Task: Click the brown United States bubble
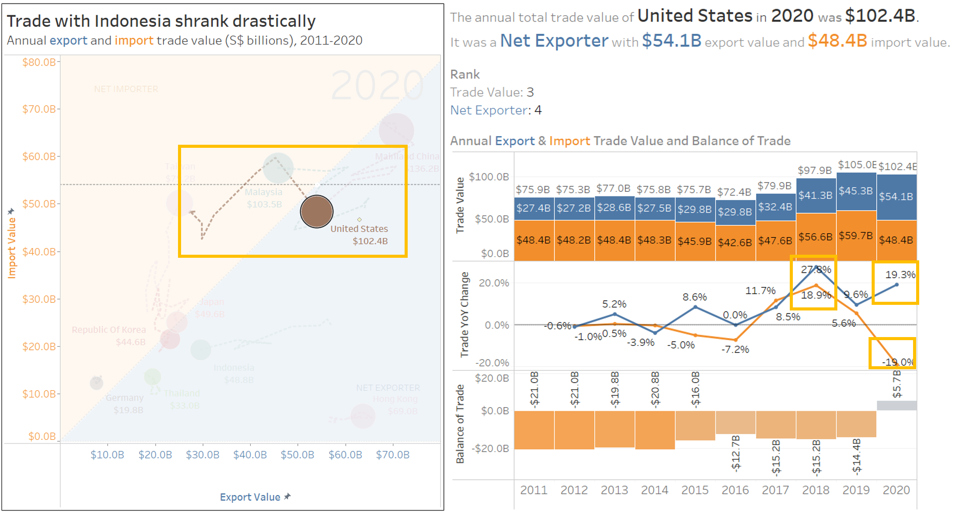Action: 317,211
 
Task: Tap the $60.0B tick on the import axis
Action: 39,157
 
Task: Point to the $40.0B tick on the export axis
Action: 250,455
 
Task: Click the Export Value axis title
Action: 250,497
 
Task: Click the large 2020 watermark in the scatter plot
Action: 377,85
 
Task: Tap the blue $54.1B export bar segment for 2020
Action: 896,197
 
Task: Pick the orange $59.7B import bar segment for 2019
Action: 856,235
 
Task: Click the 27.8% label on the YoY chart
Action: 816,270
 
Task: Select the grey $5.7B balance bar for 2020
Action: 896,406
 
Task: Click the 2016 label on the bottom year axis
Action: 735,490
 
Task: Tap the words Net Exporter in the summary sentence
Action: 554,41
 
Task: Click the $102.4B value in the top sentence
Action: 880,16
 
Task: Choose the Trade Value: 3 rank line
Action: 492,92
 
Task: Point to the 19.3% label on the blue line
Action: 900,275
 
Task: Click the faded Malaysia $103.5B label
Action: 263,198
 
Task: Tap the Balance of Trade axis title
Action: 460,424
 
